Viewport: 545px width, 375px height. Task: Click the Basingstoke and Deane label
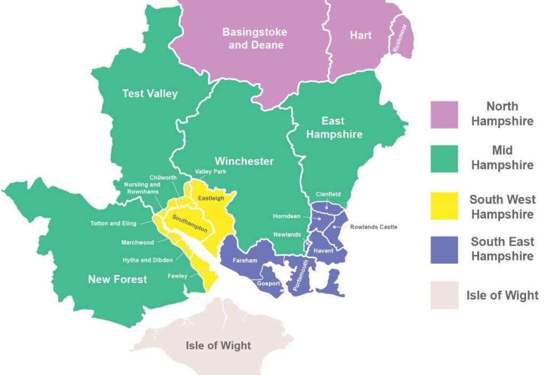[x=254, y=38]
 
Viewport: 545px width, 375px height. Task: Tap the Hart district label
[x=360, y=35]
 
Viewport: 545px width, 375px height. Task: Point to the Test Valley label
[x=150, y=93]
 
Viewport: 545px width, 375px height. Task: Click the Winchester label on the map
[x=244, y=161]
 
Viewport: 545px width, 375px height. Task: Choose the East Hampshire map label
[x=334, y=127]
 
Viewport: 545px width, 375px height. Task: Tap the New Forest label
[x=117, y=279]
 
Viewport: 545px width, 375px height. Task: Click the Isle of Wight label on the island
[x=218, y=345]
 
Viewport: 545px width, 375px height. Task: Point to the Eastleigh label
[x=211, y=198]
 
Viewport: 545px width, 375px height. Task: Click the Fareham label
[x=245, y=260]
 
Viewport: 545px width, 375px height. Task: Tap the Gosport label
[x=268, y=283]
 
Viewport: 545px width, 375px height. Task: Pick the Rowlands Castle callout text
[x=373, y=227]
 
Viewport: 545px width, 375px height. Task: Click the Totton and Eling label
[x=113, y=223]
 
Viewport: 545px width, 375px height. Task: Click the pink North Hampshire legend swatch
[x=444, y=114]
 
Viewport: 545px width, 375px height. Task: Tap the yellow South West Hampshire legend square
[x=444, y=207]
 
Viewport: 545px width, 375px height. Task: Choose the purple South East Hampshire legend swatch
[x=444, y=249]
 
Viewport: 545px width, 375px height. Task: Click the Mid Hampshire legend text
[x=502, y=158]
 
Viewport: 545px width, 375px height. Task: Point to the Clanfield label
[x=328, y=194]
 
